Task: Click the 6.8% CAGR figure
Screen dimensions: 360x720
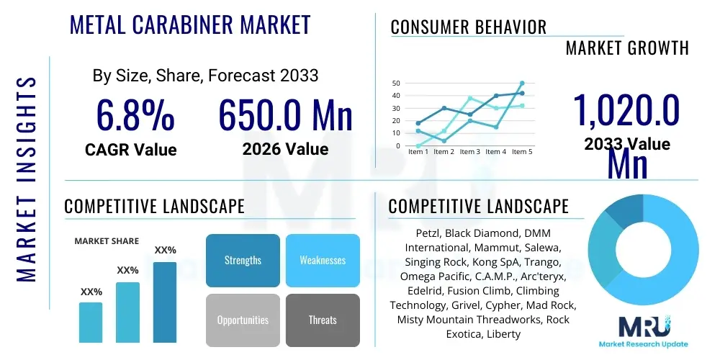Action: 135,115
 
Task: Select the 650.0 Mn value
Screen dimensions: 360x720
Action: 285,115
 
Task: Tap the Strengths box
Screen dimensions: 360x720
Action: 243,260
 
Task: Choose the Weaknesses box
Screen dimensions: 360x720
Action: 323,260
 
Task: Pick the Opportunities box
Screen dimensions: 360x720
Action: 243,320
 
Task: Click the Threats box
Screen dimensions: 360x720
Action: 323,320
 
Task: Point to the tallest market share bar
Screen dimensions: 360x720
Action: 165,302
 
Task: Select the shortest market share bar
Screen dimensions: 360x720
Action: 91,322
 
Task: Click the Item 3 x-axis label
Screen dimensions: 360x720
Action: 470,152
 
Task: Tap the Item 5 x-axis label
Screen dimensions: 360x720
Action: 521,152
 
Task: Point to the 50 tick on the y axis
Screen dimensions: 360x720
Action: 395,84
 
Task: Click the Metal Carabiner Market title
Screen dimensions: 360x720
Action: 190,25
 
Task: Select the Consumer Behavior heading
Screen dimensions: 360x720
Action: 468,27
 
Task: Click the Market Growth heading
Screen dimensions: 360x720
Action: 627,48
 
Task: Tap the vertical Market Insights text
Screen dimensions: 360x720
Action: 26,176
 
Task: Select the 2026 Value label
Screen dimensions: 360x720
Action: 285,149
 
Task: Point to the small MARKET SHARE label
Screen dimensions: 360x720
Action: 107,241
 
